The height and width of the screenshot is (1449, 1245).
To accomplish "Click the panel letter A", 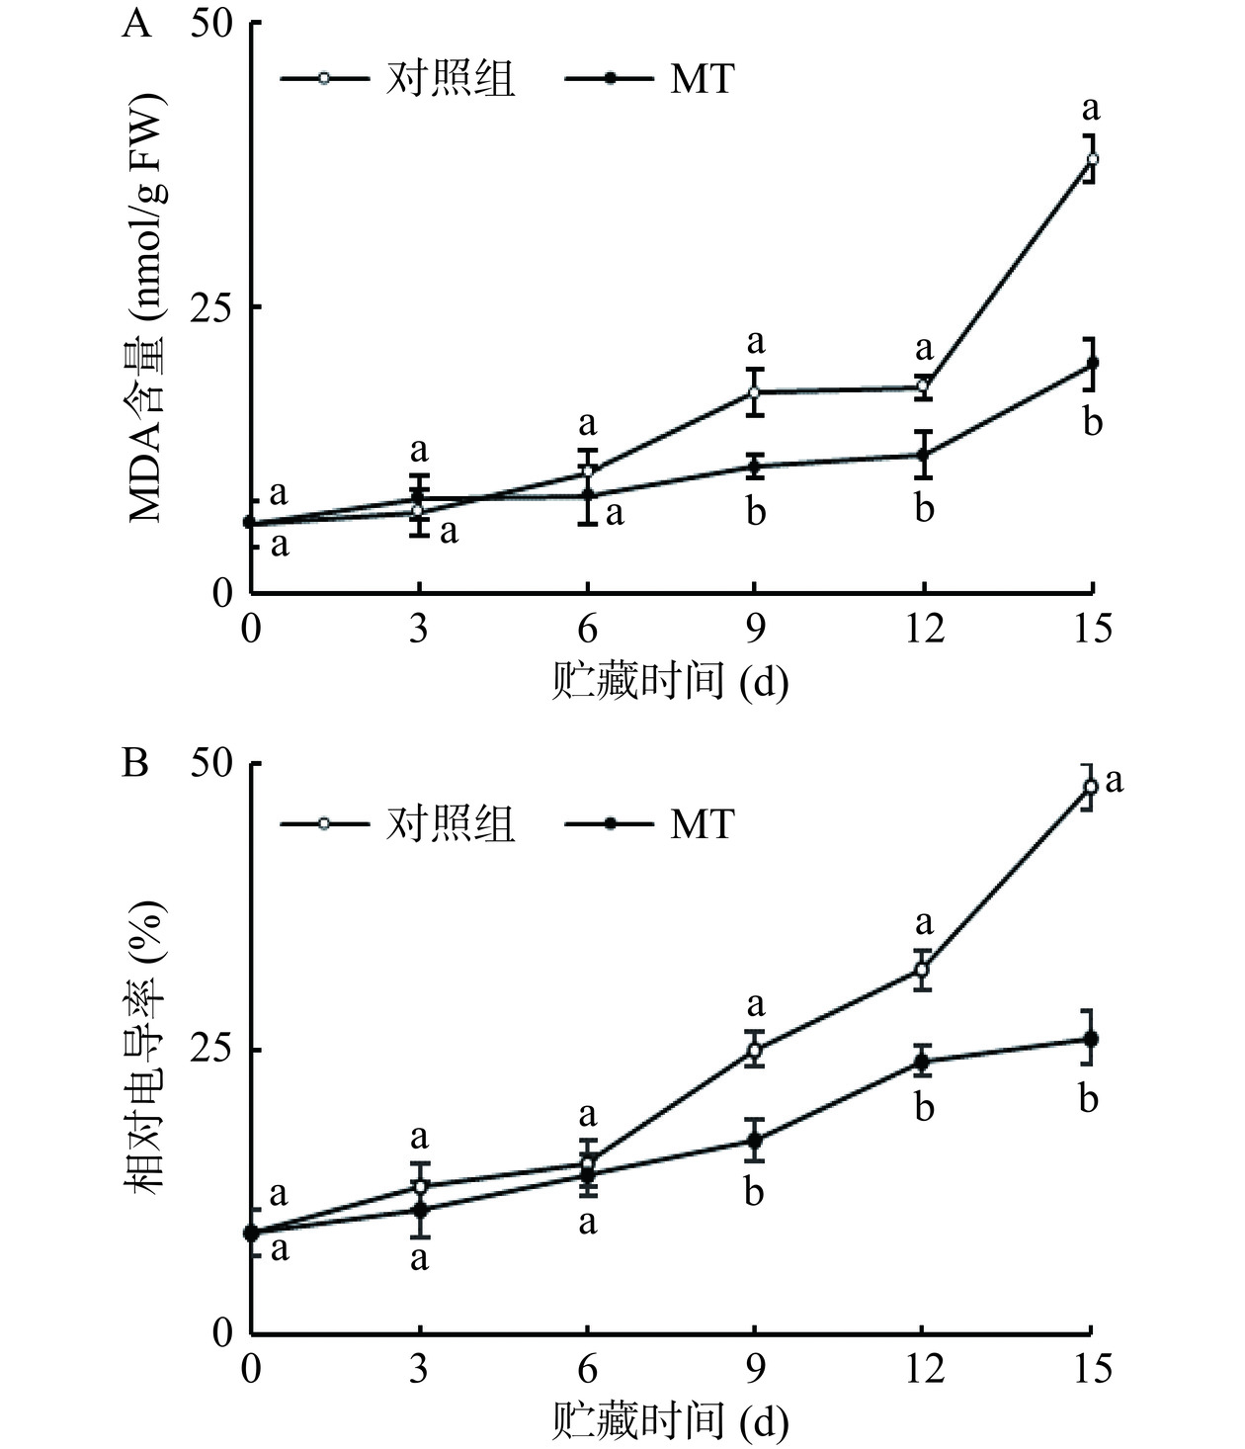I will pyautogui.click(x=137, y=22).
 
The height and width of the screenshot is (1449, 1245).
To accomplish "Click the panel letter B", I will pyautogui.click(x=135, y=764).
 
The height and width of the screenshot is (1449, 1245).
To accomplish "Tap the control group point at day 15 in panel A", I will pyautogui.click(x=1092, y=159).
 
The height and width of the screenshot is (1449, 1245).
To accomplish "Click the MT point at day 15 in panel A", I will pyautogui.click(x=1092, y=363).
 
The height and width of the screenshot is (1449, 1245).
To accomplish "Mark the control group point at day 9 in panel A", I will pyautogui.click(x=755, y=392).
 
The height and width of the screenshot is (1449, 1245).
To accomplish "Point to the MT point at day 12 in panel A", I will pyautogui.click(x=924, y=455).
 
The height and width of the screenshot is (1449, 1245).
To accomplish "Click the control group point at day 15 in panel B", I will pyautogui.click(x=1091, y=787).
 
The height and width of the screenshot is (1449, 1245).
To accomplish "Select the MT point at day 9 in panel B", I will pyautogui.click(x=755, y=1140).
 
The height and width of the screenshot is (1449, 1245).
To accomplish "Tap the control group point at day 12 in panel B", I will pyautogui.click(x=922, y=970).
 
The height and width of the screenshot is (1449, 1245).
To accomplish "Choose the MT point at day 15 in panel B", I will pyautogui.click(x=1091, y=1039).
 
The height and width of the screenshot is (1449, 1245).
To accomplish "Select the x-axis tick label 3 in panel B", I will pyautogui.click(x=419, y=1370).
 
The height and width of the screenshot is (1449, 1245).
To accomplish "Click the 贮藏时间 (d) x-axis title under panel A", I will pyautogui.click(x=670, y=682).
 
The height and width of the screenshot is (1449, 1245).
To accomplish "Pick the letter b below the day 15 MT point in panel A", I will pyautogui.click(x=1092, y=423).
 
